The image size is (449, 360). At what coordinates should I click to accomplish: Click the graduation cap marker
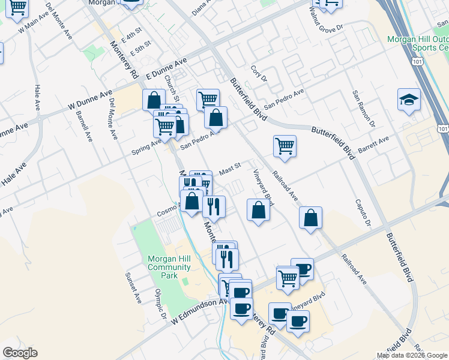point(409,100)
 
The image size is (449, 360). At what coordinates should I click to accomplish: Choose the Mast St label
point(229,167)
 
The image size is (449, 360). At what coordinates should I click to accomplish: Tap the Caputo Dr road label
point(361,213)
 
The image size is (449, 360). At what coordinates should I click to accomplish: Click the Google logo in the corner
point(20,353)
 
